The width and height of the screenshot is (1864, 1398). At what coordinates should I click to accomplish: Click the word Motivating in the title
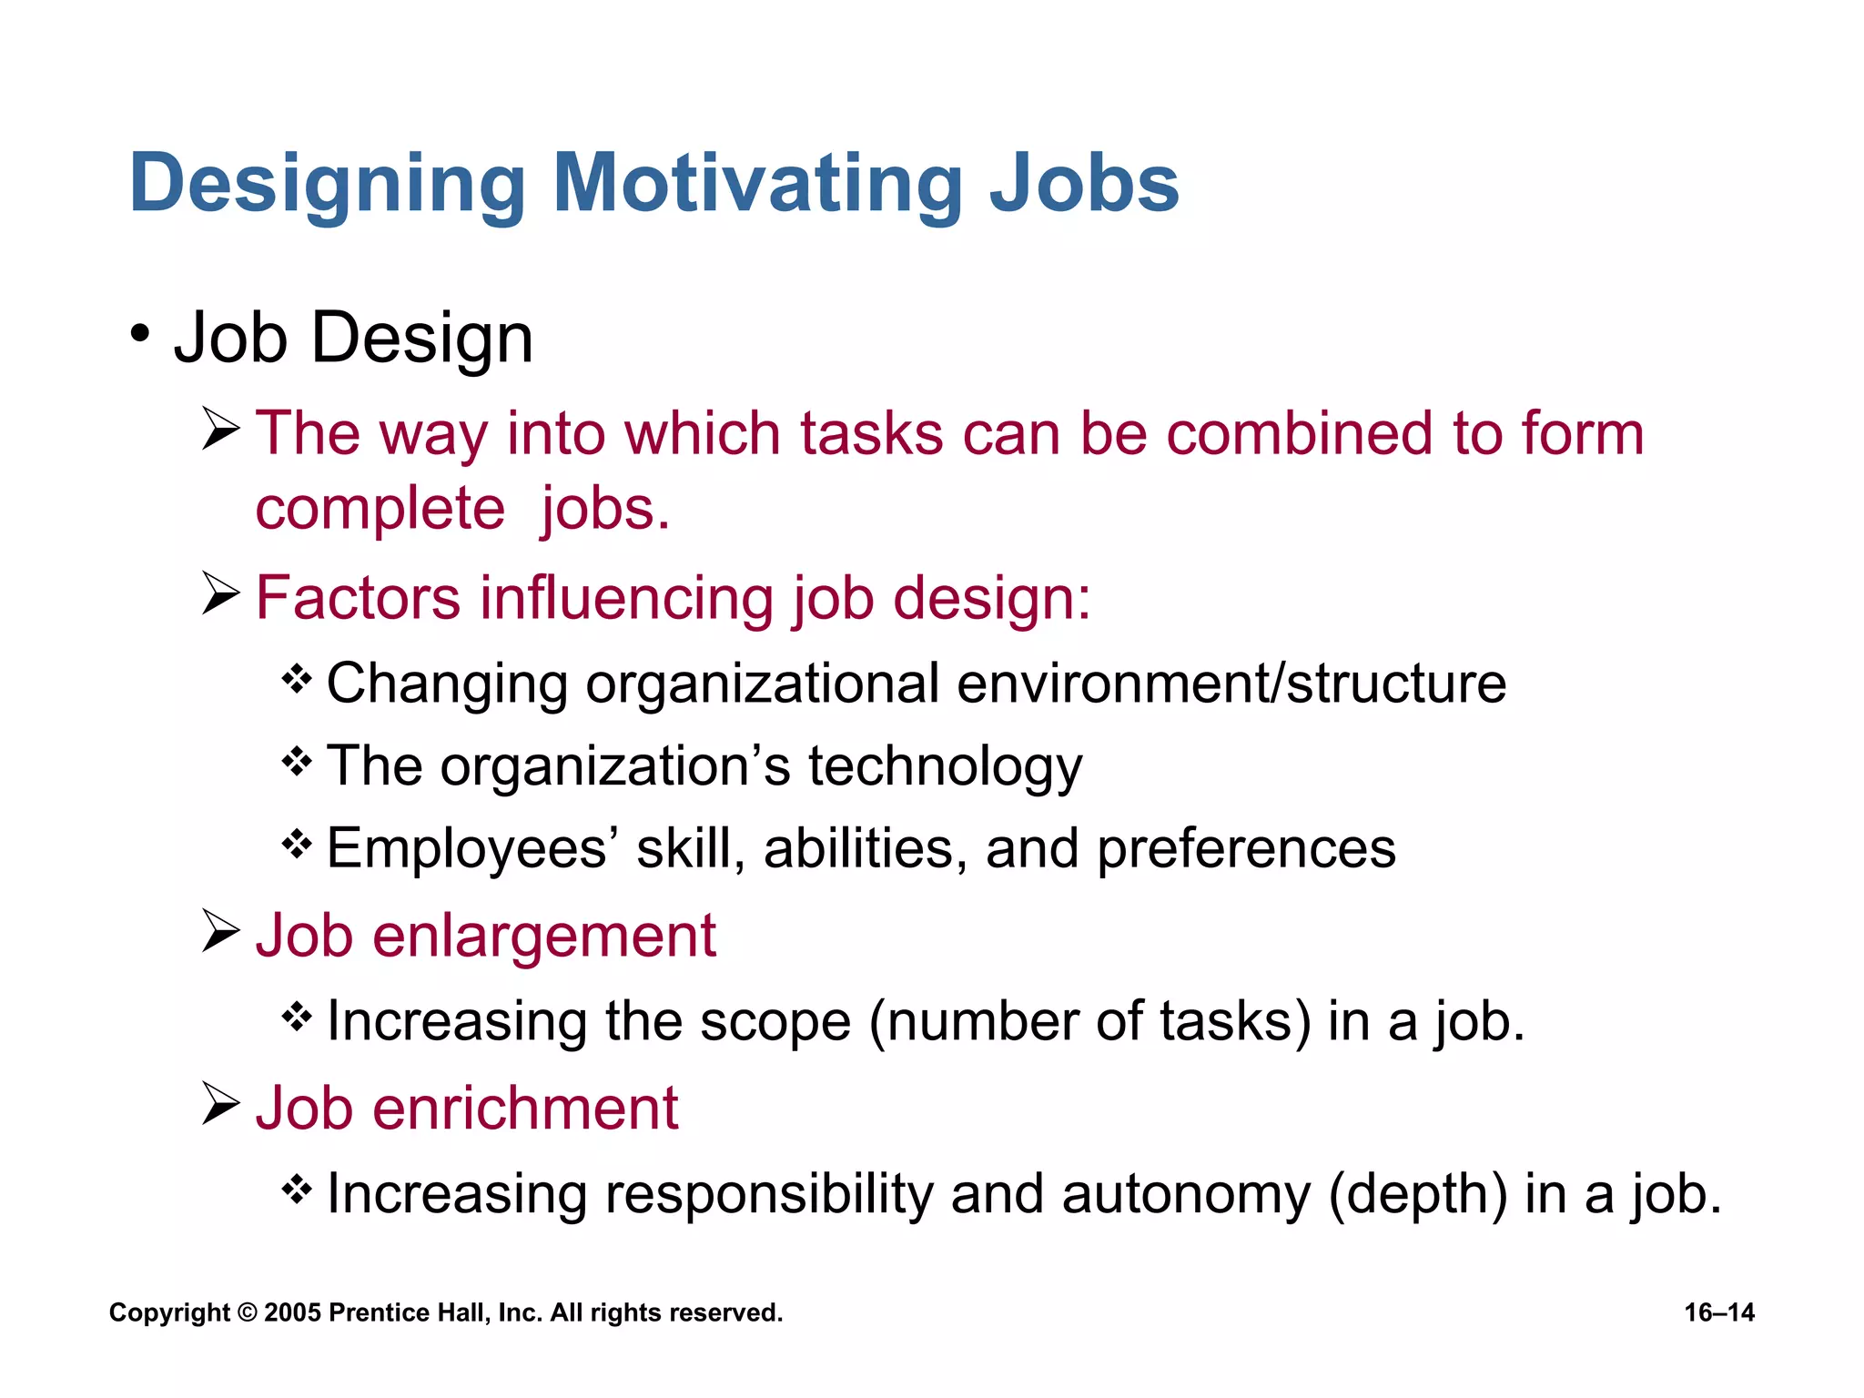click(x=757, y=184)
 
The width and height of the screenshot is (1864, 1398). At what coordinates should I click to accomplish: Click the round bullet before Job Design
click(x=139, y=334)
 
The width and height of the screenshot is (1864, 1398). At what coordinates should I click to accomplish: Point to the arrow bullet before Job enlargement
click(x=220, y=931)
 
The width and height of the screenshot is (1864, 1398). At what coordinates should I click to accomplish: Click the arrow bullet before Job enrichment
click(x=220, y=1104)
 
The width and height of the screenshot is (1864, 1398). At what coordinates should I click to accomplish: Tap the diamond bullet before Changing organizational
click(x=297, y=678)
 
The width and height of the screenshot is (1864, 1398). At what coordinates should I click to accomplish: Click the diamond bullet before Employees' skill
click(x=297, y=844)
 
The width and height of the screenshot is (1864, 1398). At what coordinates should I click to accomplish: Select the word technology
click(x=945, y=767)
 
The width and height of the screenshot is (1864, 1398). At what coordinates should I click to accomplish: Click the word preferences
click(x=1245, y=849)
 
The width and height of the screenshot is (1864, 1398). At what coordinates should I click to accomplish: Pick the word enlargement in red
click(x=543, y=936)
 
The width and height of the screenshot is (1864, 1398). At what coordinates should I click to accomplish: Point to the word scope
click(x=775, y=1021)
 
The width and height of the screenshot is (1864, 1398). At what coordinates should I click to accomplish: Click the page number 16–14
click(x=1718, y=1312)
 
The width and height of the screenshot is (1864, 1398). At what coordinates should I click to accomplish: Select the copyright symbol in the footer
click(x=247, y=1312)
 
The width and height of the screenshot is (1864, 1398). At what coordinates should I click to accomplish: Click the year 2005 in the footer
click(x=292, y=1312)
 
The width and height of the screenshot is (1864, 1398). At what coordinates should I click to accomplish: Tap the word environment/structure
click(x=1231, y=684)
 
